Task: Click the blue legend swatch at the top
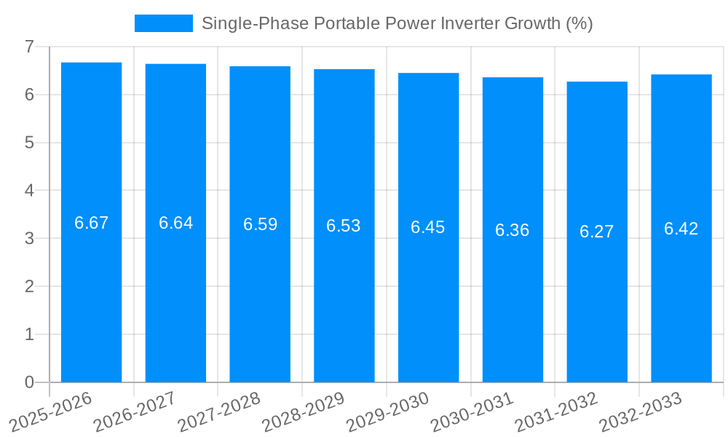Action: pos(164,23)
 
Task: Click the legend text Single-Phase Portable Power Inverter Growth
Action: pos(397,23)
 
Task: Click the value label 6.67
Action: pos(91,223)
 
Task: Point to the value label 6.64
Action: pos(175,223)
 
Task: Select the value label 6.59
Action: pos(260,224)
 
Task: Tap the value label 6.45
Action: pos(428,227)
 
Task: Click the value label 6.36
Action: pos(513,230)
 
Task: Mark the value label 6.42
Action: pos(681,229)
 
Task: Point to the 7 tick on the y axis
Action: pos(29,47)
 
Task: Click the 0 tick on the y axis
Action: pos(29,382)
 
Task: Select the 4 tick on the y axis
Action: pos(29,191)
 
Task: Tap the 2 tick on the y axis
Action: pos(29,286)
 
